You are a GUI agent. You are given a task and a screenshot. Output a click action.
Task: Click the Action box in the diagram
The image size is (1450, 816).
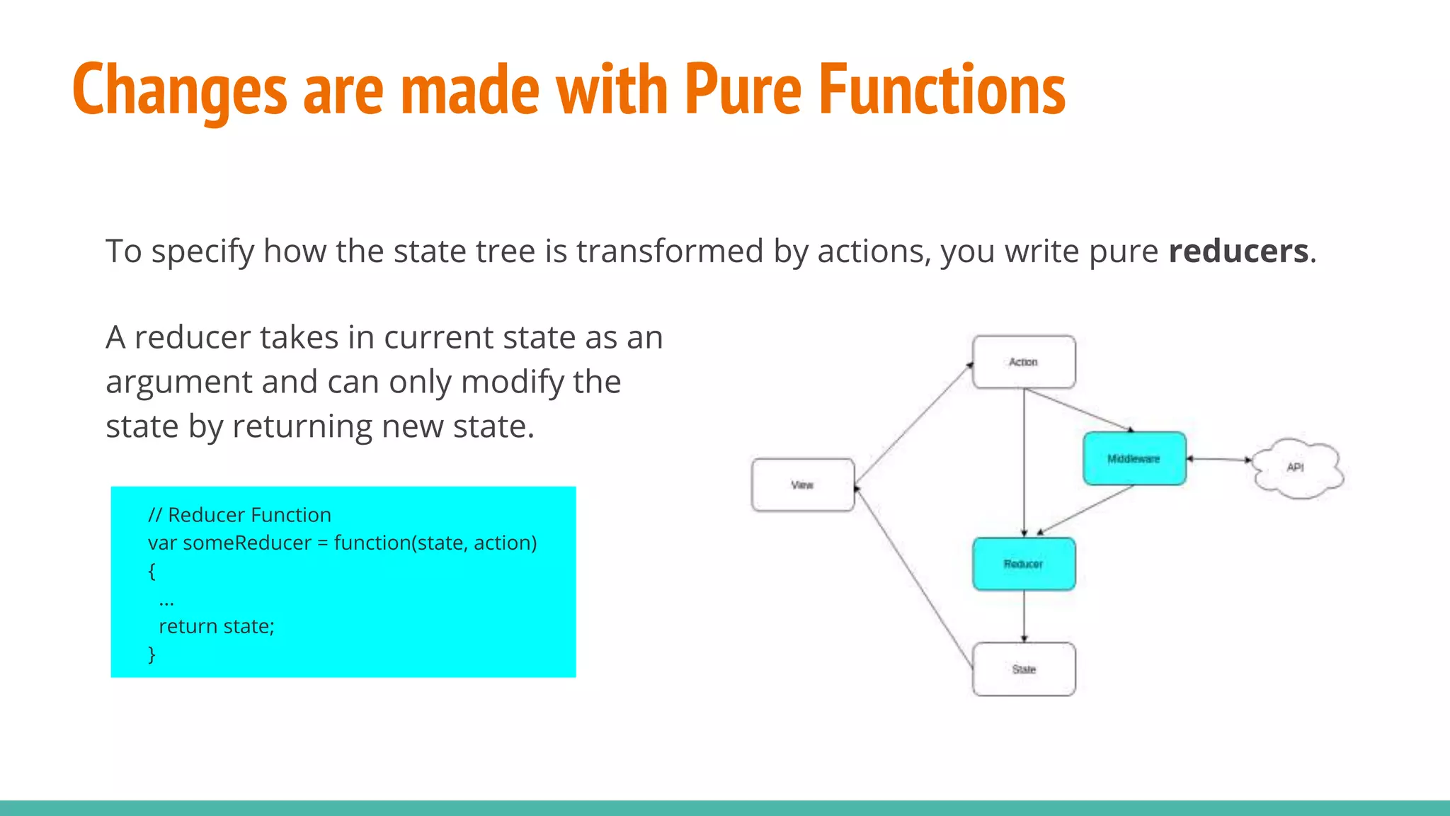click(1024, 362)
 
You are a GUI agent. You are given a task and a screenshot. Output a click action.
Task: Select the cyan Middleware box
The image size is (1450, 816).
click(1134, 459)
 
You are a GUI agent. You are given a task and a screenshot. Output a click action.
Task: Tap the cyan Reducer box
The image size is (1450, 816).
click(1024, 564)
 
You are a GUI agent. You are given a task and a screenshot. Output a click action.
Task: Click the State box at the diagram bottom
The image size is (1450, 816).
click(1024, 669)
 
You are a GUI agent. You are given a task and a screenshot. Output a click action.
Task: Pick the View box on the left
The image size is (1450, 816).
click(803, 485)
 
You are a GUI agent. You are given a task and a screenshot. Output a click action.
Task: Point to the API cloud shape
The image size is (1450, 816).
click(1296, 467)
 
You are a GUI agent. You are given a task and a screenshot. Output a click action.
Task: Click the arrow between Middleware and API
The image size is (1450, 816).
click(1219, 460)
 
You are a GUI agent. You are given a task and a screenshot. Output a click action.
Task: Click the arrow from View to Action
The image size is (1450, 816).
click(913, 424)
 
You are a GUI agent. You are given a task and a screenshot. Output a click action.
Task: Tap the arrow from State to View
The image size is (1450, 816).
click(913, 577)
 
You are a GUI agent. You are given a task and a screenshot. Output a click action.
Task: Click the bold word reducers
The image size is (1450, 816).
click(1238, 251)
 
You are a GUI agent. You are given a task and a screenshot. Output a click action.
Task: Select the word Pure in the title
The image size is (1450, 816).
click(743, 89)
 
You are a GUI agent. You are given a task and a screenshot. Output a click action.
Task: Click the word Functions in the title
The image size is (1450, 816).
click(942, 89)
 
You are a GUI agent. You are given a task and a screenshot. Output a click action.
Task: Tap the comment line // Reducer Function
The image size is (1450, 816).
click(239, 515)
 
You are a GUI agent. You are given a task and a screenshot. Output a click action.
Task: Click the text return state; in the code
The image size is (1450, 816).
click(216, 626)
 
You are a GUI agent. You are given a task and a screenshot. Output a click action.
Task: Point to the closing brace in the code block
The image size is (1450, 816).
click(152, 654)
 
